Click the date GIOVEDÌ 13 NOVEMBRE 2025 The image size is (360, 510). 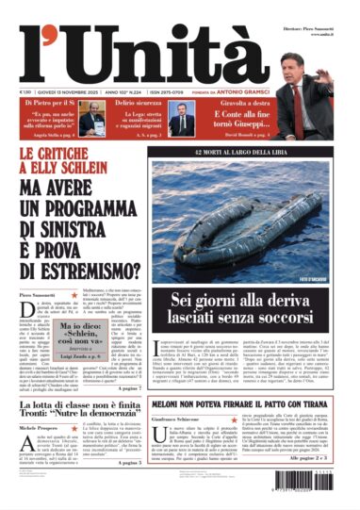(72, 91)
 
